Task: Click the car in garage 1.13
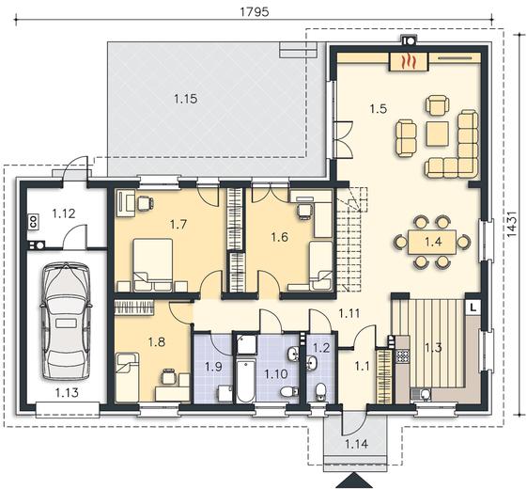(x=66, y=321)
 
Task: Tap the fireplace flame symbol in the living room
(x=409, y=61)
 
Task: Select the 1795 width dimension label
(x=255, y=12)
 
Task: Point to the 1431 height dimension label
(x=511, y=224)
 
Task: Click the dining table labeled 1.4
(x=432, y=242)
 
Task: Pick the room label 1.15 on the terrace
(x=185, y=99)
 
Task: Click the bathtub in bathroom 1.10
(x=246, y=381)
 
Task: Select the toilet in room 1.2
(x=320, y=392)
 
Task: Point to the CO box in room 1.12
(x=34, y=221)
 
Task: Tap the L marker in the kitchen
(x=473, y=308)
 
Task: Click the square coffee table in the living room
(x=438, y=134)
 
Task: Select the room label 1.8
(x=157, y=342)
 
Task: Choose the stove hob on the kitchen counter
(x=403, y=355)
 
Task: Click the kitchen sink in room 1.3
(x=421, y=394)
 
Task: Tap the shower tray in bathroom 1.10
(x=247, y=344)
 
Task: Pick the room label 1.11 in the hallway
(x=349, y=314)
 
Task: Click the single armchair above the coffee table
(x=438, y=104)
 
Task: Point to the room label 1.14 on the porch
(x=356, y=444)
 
